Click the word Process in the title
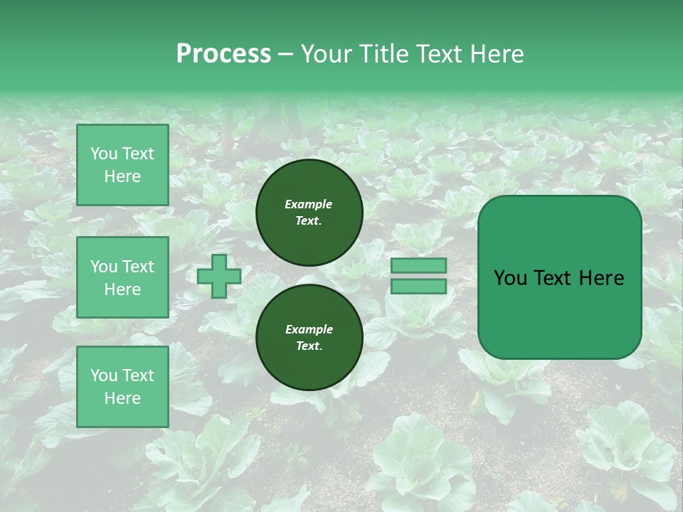(x=223, y=54)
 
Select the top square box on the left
(x=122, y=165)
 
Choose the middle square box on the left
(x=122, y=277)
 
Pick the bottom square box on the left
(x=122, y=387)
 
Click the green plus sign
(x=219, y=276)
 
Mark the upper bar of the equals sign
(x=418, y=265)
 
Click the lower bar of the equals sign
(x=418, y=287)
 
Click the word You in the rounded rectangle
(x=510, y=278)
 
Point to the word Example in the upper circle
(x=309, y=204)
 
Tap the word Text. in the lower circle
(x=309, y=346)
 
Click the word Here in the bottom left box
(x=122, y=398)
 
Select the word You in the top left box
(x=104, y=154)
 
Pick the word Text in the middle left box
(x=137, y=267)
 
